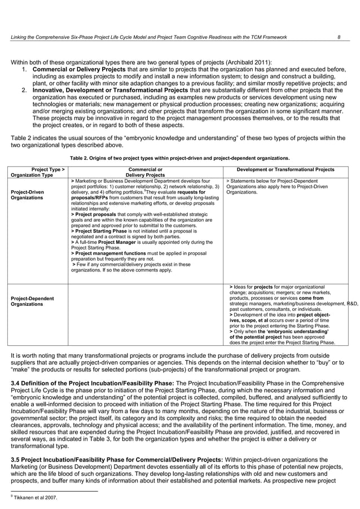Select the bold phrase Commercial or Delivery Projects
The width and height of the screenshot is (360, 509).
73,69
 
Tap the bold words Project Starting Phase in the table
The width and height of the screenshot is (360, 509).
102,231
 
